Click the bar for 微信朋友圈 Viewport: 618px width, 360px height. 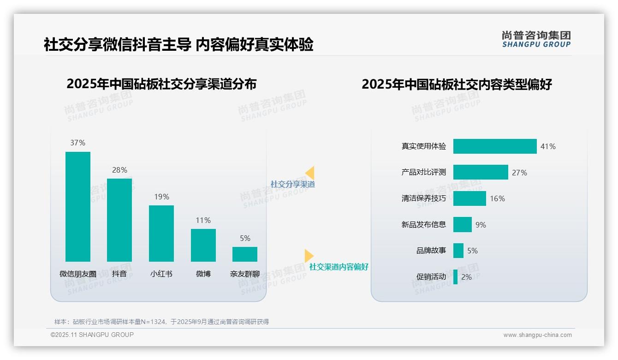click(x=78, y=206)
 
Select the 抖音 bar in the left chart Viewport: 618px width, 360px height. click(x=119, y=220)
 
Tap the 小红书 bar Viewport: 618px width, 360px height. click(x=161, y=233)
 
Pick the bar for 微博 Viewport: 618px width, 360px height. click(x=203, y=245)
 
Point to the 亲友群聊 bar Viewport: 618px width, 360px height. click(x=245, y=254)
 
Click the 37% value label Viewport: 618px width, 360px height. click(x=78, y=143)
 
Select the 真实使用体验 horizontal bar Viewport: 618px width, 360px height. click(x=495, y=146)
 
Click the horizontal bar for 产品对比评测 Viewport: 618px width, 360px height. click(x=481, y=172)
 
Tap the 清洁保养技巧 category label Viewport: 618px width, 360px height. click(x=424, y=198)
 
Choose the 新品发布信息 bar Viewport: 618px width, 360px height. click(x=463, y=225)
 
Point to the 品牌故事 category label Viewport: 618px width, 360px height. click(x=431, y=251)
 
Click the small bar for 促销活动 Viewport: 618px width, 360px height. click(x=456, y=277)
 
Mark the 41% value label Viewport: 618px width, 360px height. click(x=548, y=146)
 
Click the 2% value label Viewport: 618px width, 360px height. click(x=466, y=277)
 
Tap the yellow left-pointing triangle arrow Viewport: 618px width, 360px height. click(x=310, y=173)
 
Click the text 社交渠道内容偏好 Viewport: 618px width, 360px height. click(x=339, y=267)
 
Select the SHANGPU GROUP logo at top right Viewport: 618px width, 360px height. click(x=536, y=39)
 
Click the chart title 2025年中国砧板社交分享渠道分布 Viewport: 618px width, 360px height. click(x=161, y=84)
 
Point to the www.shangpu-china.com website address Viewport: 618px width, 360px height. click(x=537, y=335)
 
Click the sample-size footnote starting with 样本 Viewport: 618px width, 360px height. click(x=161, y=322)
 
